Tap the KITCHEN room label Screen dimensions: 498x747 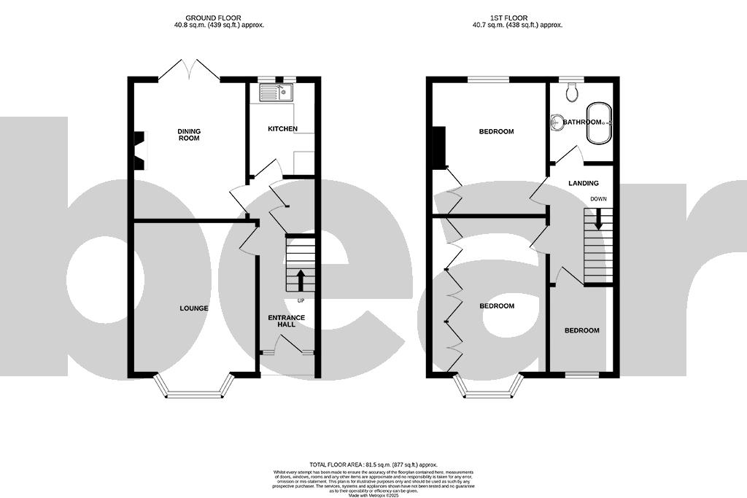[282, 129]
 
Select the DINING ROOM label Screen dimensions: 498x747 [189, 135]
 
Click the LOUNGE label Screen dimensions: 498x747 [194, 308]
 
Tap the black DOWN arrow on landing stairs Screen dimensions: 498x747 [598, 219]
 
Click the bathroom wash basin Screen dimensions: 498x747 [557, 122]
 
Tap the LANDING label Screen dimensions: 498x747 [583, 184]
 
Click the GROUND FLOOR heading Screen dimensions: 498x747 [213, 17]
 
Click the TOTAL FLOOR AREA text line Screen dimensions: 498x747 [373, 464]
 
